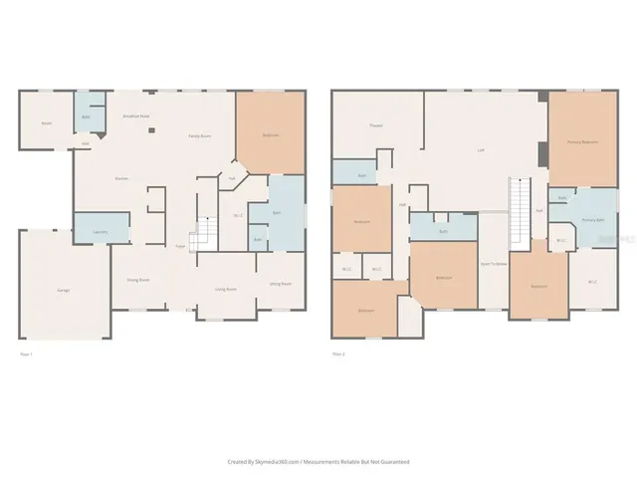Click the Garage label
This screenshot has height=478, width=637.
point(62,290)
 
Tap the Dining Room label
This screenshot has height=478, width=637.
point(136,280)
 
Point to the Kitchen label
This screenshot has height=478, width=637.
point(121,178)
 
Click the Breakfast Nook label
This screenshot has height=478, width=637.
point(135,117)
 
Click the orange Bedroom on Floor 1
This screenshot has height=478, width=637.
point(270,134)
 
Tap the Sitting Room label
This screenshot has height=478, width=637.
point(281,284)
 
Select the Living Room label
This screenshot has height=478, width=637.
point(226,289)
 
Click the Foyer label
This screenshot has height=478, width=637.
point(180,245)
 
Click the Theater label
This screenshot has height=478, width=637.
point(376,125)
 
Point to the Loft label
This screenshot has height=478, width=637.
point(480,150)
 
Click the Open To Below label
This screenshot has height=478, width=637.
point(494,264)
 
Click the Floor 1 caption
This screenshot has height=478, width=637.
point(27,354)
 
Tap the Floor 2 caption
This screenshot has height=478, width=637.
point(338,354)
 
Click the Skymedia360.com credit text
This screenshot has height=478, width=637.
point(318,461)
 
